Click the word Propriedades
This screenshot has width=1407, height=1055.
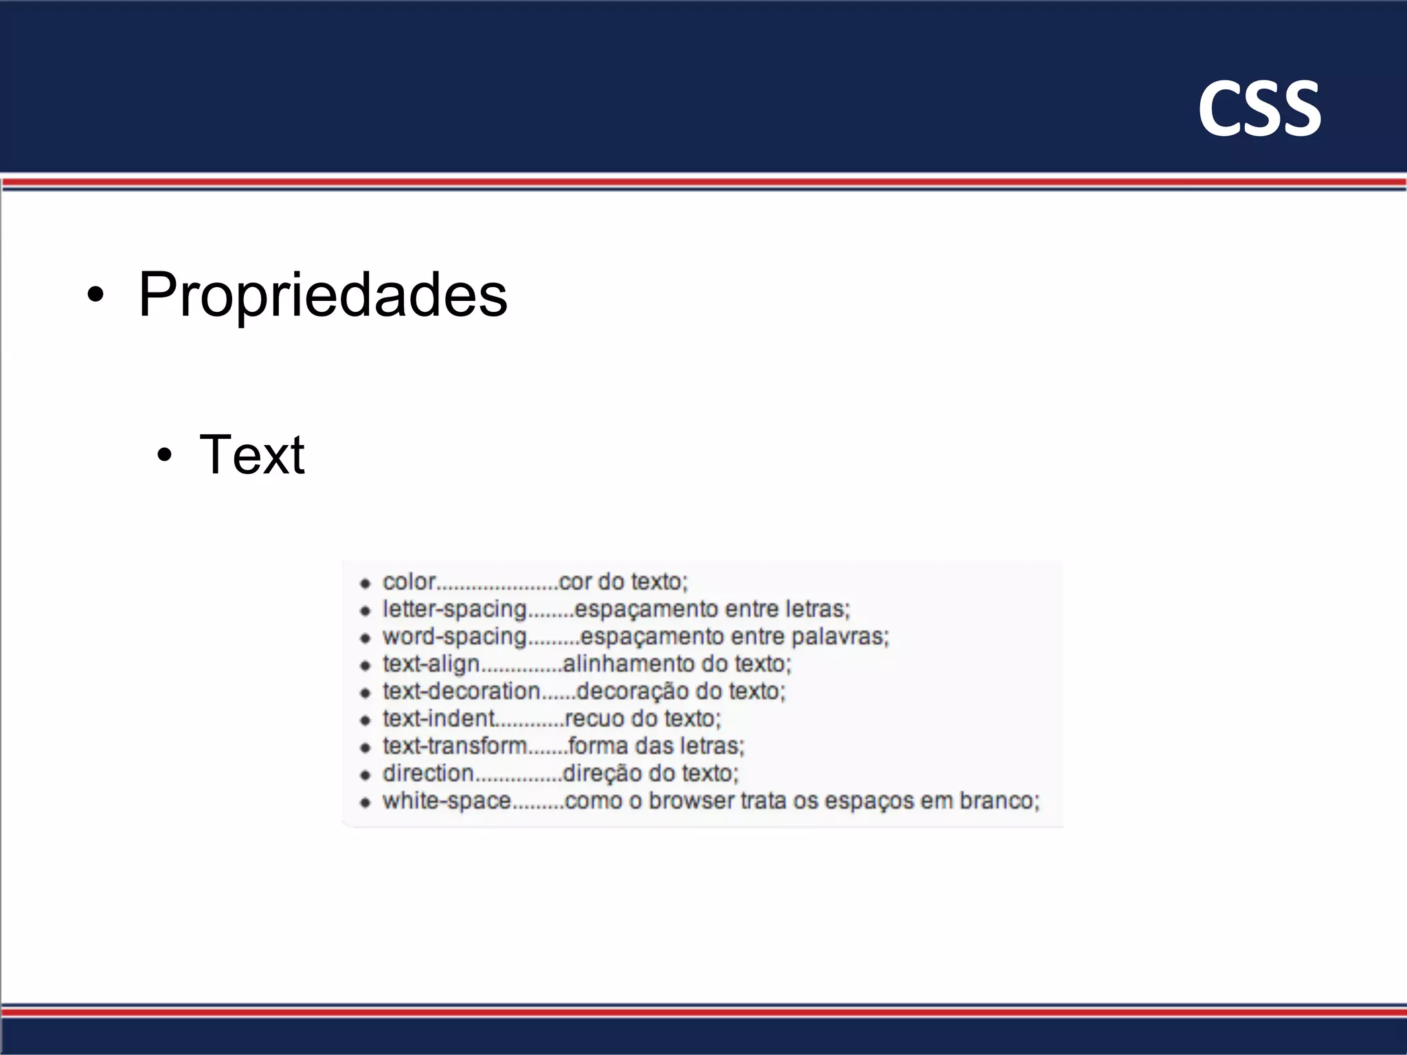322,295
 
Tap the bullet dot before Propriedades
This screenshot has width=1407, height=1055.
96,295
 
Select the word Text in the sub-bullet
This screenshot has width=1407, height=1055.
251,455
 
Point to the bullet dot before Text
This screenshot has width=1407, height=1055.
164,455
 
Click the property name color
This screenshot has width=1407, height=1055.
409,582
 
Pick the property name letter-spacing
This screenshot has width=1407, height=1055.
454,609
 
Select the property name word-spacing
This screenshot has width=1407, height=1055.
454,637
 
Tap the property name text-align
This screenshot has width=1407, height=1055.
431,664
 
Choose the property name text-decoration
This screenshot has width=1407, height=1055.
461,691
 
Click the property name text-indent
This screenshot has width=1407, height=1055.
438,718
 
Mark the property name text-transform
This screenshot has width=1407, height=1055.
455,746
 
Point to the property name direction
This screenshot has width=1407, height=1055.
428,773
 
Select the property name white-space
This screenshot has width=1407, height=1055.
447,801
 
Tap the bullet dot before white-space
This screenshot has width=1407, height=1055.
365,802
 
